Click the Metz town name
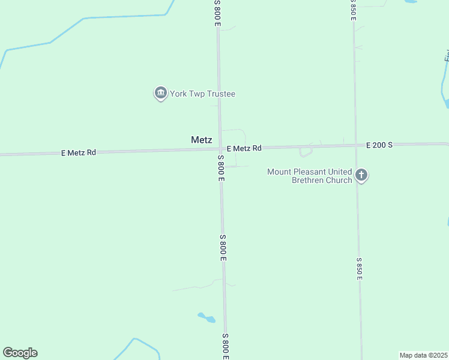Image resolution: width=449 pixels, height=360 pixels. coord(202,140)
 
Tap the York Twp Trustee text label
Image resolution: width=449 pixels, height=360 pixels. coord(202,94)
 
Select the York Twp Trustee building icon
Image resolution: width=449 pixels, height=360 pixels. coord(160,93)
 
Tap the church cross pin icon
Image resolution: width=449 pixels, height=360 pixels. coord(361,175)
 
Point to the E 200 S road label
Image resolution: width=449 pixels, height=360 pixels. coord(379,145)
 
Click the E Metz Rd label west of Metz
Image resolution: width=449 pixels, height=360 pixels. coord(79,152)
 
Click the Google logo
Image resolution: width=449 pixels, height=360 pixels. coord(20,353)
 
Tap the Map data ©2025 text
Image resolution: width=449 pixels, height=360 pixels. coord(423,355)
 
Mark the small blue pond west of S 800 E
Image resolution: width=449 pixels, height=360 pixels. coord(206,317)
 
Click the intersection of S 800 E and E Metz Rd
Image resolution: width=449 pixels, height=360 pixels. coord(220,149)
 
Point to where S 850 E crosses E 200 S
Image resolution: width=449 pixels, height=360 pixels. coord(356,145)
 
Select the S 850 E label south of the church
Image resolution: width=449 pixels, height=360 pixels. coord(359,268)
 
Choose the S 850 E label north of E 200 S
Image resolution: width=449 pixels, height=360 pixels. coord(354,10)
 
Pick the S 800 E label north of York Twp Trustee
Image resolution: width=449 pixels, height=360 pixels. coord(218,12)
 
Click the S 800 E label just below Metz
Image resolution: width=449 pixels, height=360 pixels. coord(221,168)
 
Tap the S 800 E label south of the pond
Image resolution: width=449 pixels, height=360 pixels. coord(226,346)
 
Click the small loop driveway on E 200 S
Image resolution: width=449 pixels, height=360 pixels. coord(306,151)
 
